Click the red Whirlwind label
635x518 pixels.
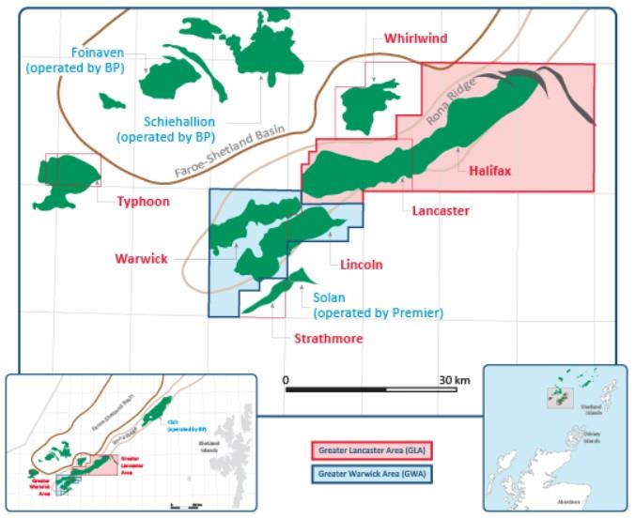tap(415, 38)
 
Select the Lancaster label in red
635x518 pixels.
tap(440, 210)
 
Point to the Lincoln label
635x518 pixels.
tap(362, 265)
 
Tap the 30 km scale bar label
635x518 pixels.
tap(454, 379)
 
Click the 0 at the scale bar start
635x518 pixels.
tap(286, 379)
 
